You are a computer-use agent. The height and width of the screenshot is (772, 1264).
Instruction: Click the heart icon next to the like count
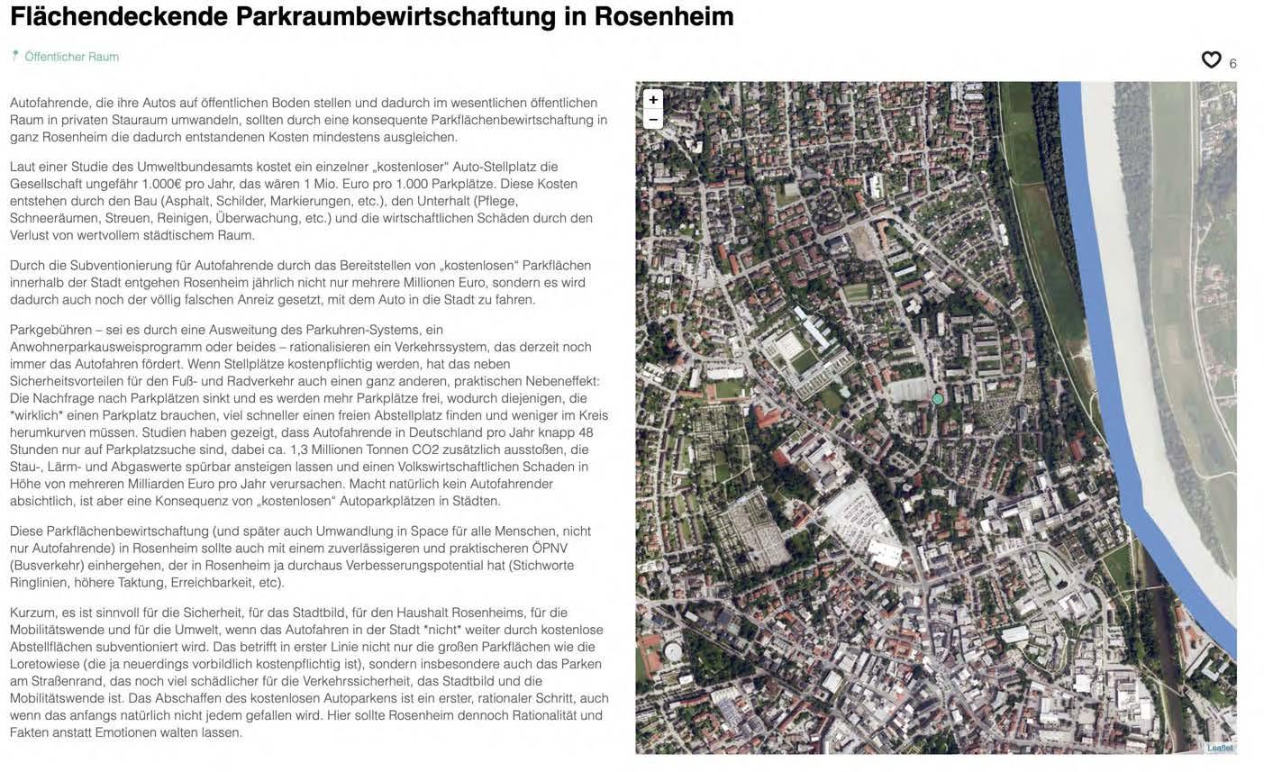[x=1211, y=59]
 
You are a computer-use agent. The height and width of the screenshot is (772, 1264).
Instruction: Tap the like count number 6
[x=1232, y=63]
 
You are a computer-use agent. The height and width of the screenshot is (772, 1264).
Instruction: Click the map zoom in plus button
[x=653, y=99]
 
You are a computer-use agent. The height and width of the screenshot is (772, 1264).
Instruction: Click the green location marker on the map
[x=938, y=398]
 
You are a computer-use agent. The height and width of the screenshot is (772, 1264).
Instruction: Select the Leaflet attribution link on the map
[x=1219, y=748]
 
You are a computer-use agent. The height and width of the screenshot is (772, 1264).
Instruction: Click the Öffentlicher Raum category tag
[x=71, y=57]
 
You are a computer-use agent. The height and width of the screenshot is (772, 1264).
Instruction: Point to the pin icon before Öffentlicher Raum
[x=14, y=56]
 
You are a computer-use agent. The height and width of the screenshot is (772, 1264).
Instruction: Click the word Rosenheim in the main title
[x=664, y=16]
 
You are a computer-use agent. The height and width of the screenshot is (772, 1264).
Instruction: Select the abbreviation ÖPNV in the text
[x=550, y=548]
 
